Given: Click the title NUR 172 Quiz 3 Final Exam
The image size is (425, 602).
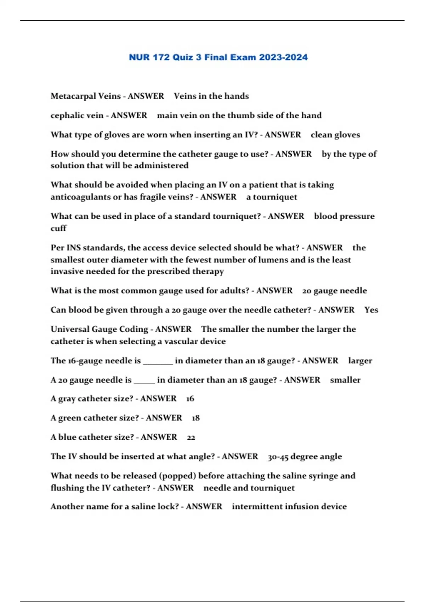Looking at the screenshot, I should coord(218,57).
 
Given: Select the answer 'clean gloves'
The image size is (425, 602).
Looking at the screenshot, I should coord(335,135).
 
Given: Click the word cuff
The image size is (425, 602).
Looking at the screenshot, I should coord(58,228).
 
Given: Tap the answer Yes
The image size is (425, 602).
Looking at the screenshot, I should coord(371,310).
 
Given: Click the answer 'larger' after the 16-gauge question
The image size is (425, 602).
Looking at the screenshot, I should coord(360,361).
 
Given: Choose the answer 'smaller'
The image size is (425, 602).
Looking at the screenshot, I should coord(345,380).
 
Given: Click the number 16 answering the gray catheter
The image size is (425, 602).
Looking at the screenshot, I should coord(190,399).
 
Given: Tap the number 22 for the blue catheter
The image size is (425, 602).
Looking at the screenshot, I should coord(191,438).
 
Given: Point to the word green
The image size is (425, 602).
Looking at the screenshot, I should coord(70,418).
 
